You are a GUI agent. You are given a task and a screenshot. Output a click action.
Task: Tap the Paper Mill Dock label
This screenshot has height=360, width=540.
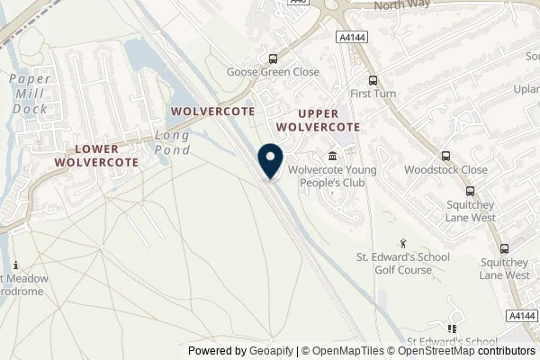coord(30,94)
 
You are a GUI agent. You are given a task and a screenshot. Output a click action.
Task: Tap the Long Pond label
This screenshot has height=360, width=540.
coord(172,142)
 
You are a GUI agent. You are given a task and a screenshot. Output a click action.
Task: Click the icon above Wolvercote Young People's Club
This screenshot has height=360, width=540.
coord(334,154)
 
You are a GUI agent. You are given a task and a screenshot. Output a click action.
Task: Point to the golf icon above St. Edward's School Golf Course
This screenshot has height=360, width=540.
coord(404,243)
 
